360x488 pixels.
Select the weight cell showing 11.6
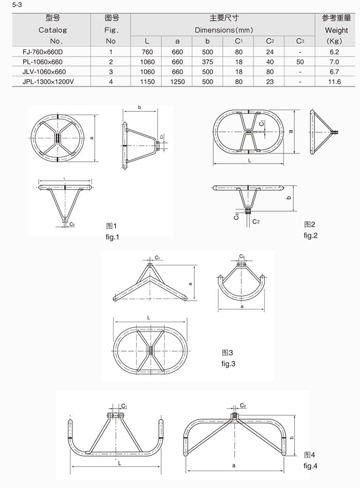tap(334, 82)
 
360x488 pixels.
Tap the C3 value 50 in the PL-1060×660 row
tap(300, 62)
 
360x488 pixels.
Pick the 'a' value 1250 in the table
tap(177, 82)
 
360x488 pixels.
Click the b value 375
tap(207, 62)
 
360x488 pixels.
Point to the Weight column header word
tap(336, 30)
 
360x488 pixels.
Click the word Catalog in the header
tap(52, 30)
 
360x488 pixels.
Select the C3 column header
tap(300, 41)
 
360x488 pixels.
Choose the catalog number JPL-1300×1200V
tap(48, 82)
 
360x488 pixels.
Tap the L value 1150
tap(148, 82)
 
